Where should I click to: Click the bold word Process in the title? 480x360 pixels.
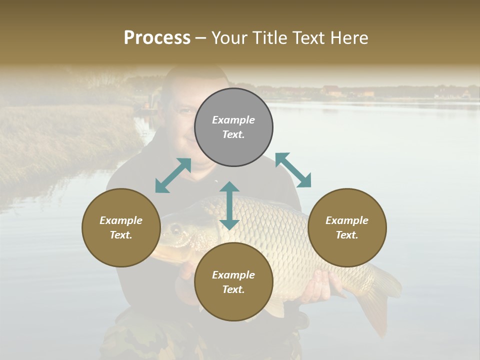click(x=157, y=38)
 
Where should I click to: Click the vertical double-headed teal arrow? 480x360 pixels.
click(x=229, y=205)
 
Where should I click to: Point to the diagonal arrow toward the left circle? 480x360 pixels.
click(x=173, y=175)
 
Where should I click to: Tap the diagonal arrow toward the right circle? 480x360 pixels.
click(x=293, y=170)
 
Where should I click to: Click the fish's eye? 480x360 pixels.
click(x=176, y=229)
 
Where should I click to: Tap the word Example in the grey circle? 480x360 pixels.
click(x=233, y=120)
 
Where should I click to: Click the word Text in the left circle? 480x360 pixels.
click(x=121, y=235)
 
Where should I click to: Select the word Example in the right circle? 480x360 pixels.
click(x=347, y=220)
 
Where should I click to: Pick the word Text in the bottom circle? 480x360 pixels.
click(x=233, y=289)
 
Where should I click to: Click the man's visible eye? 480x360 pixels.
click(x=185, y=111)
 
